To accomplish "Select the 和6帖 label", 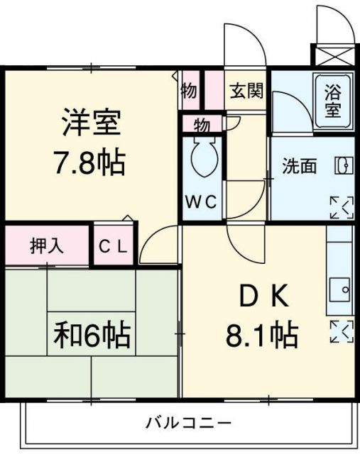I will point(92,334).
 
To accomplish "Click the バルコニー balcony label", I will point(189,423).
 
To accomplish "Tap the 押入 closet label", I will point(47,245).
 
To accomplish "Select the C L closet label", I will point(113,247).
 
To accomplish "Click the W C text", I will point(202,201).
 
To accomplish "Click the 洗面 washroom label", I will point(299,167).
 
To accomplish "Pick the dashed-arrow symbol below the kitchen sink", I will point(341,331).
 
